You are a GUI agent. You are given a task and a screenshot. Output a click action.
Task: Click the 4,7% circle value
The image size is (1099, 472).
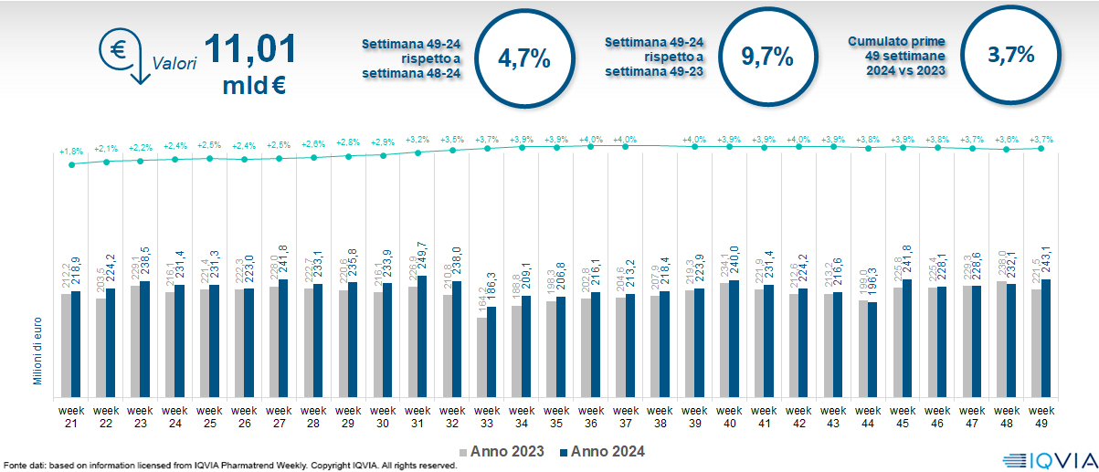523,60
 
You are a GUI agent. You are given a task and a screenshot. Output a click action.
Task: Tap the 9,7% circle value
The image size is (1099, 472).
766,58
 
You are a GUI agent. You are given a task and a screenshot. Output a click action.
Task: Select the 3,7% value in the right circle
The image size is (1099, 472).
1010,55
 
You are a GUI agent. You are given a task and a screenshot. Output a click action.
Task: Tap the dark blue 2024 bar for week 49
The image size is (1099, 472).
1046,337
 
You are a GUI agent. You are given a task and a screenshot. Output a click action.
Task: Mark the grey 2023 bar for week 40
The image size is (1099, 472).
724,339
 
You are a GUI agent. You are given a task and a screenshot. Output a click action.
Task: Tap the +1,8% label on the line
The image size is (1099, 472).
71,152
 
